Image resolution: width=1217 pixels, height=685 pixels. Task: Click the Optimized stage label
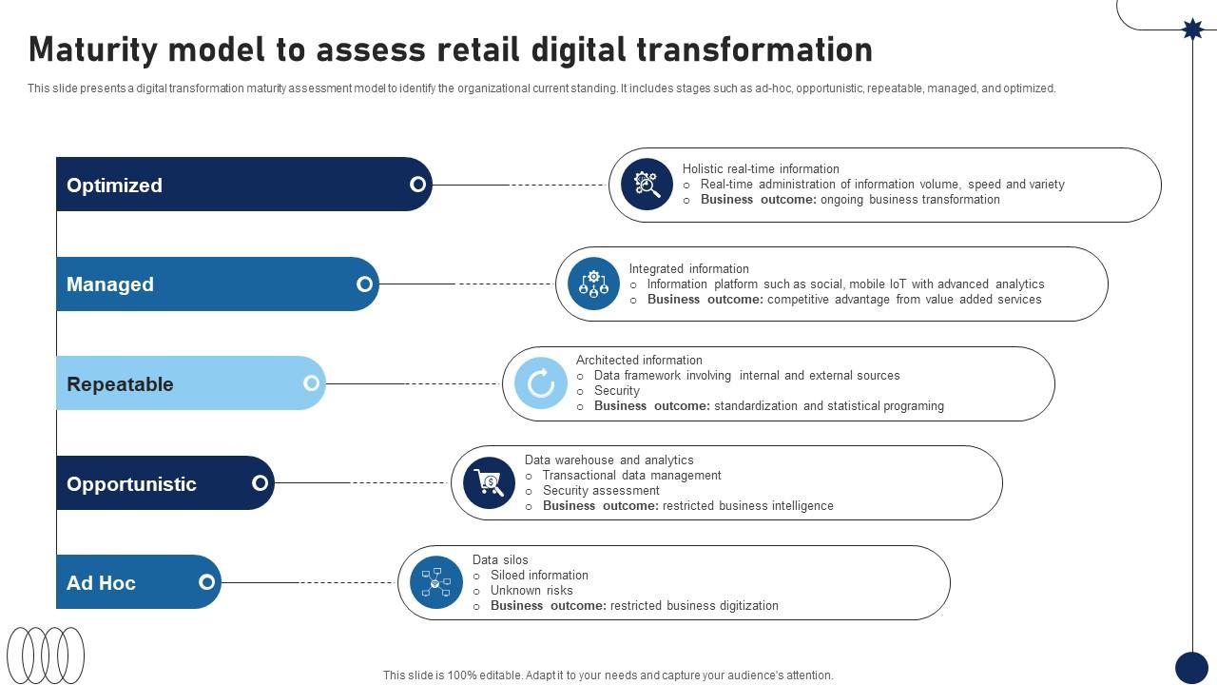click(114, 186)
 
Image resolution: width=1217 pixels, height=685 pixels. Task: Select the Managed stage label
click(109, 284)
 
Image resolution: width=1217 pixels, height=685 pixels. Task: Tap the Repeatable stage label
click(120, 384)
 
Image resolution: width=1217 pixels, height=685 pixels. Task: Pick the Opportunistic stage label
click(131, 483)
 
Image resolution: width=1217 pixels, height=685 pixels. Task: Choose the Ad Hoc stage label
click(101, 583)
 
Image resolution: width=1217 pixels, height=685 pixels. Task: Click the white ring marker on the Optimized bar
click(417, 185)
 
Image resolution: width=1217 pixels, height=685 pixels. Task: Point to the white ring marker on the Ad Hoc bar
click(206, 582)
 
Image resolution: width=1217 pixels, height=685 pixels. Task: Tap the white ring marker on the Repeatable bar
click(311, 383)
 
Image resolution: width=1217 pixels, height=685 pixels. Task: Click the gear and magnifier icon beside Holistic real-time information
click(647, 184)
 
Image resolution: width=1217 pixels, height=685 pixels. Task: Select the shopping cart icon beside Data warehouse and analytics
click(489, 482)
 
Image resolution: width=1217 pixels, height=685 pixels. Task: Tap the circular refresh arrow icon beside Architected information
click(540, 383)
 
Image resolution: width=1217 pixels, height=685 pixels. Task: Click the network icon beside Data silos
click(435, 581)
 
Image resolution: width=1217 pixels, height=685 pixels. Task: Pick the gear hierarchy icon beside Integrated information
click(593, 284)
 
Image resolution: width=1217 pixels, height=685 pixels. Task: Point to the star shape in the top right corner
click(1192, 29)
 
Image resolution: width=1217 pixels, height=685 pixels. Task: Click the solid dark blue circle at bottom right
click(1191, 668)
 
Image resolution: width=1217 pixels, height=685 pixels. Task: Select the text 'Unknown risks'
click(531, 591)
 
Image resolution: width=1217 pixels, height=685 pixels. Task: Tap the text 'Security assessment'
click(601, 491)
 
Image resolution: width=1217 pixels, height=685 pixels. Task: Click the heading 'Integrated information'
click(688, 269)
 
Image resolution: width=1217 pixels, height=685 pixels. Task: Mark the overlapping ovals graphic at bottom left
click(46, 655)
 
